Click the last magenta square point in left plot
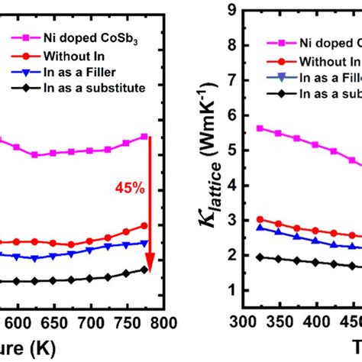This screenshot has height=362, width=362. click(144, 137)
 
